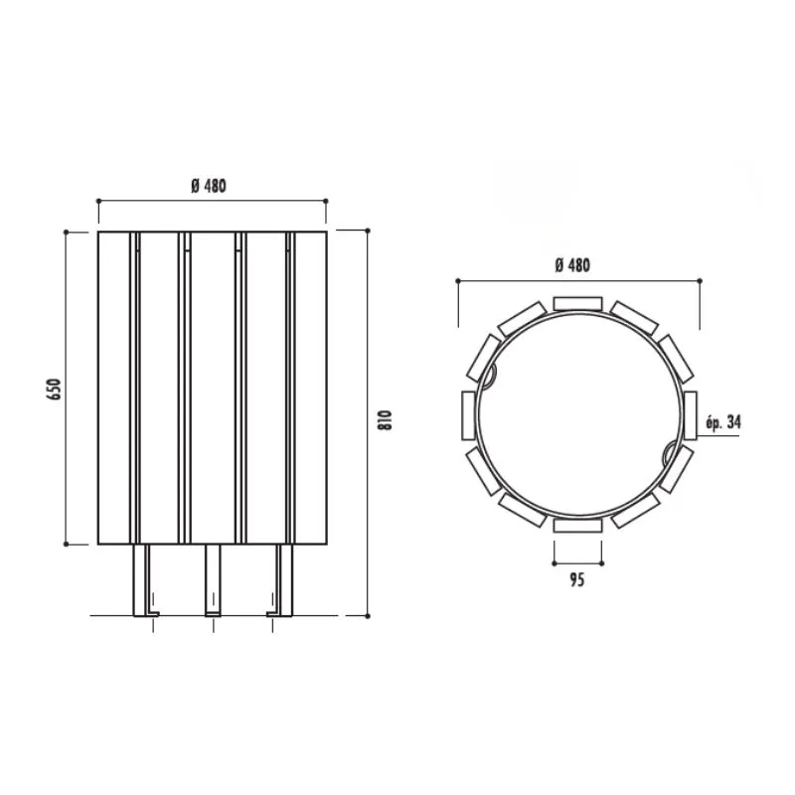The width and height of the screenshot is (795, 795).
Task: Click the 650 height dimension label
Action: tap(55, 389)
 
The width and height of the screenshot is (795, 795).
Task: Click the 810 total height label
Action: tap(386, 419)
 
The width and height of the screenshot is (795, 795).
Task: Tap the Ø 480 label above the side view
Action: tap(209, 186)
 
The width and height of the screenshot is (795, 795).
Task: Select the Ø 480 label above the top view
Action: tap(572, 265)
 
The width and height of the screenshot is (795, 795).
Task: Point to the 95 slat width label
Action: tap(577, 579)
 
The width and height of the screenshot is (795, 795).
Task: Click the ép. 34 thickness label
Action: tap(723, 421)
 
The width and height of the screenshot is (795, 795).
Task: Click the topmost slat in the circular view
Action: tap(577, 304)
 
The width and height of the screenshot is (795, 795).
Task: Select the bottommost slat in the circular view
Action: tap(577, 526)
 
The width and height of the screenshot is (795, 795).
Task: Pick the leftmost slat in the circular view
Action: tap(468, 415)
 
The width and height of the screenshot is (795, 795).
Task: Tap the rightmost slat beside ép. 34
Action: tap(690, 415)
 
